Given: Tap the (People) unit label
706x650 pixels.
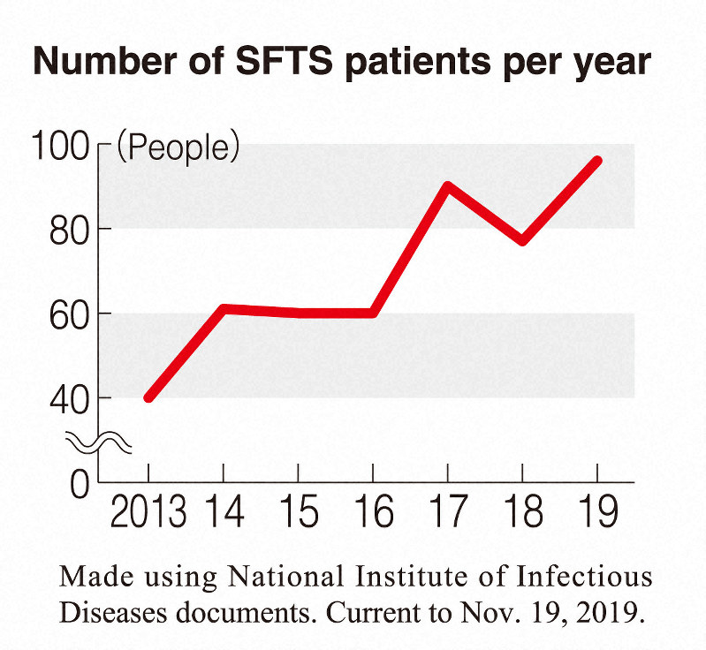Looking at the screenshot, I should [x=178, y=147].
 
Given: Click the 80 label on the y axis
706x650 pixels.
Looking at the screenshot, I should [x=69, y=229].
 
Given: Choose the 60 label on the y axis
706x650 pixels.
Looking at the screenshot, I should [x=69, y=314].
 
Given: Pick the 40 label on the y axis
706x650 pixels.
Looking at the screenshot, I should [x=69, y=398].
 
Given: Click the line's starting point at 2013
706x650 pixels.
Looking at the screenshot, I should [x=148, y=397].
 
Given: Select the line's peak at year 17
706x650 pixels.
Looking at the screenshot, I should [x=449, y=186].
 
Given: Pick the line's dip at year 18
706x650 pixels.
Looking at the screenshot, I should [x=523, y=241].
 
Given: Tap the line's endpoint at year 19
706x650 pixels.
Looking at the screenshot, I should [x=597, y=162].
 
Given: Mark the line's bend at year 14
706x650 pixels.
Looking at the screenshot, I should [x=224, y=309].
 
